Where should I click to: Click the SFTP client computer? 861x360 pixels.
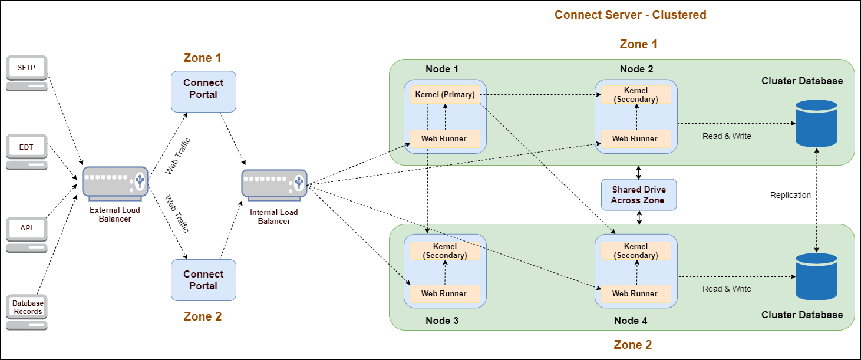point(27,73)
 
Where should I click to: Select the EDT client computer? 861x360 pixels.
point(27,152)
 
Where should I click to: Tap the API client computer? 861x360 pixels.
point(27,235)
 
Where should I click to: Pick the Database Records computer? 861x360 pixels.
point(27,312)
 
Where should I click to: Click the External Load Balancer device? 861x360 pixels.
point(115,184)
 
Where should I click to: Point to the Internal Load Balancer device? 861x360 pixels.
point(274,185)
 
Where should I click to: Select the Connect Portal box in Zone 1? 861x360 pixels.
point(203,91)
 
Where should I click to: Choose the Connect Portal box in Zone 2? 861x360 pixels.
point(203,280)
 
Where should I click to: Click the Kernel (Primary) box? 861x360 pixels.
point(445,94)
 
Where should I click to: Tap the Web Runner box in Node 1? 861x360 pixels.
point(445,138)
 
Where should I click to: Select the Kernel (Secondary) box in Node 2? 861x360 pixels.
point(636,94)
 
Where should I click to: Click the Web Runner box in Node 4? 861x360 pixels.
point(636,293)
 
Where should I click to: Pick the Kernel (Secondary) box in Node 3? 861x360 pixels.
point(445,250)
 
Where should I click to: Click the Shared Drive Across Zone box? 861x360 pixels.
point(639,195)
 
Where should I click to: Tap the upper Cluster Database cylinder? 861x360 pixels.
point(816,123)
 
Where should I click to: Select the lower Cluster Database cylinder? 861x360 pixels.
point(816,276)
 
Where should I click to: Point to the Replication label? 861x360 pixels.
point(790,195)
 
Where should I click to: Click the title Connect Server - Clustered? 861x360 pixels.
point(631,15)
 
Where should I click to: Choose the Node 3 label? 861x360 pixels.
point(442,321)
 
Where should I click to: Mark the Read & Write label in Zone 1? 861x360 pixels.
point(727,136)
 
